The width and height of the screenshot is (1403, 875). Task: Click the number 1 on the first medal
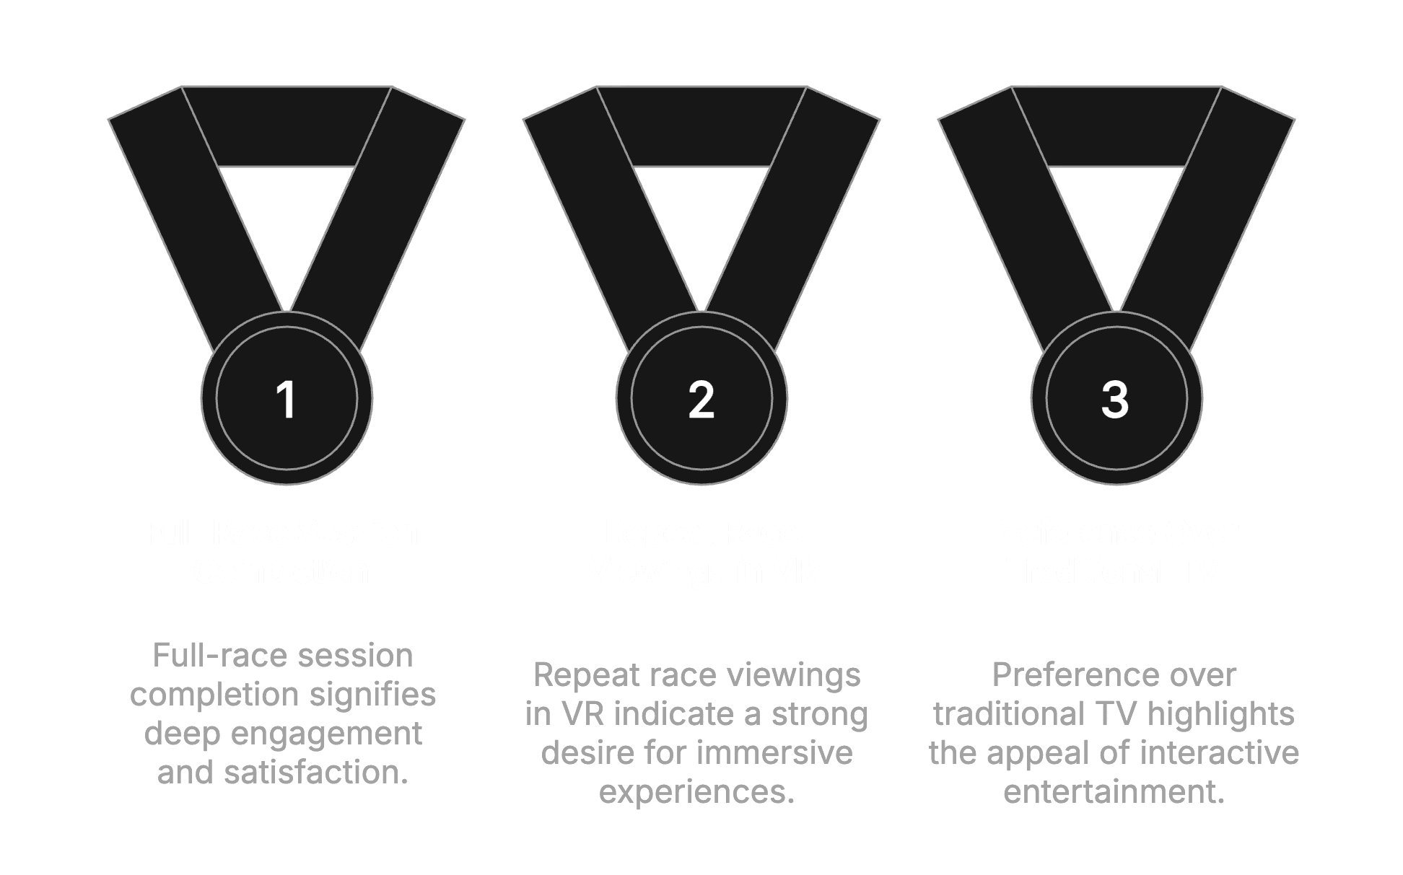pos(287,400)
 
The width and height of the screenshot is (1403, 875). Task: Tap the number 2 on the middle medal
pos(701,400)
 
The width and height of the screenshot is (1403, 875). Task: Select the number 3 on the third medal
pos(1115,400)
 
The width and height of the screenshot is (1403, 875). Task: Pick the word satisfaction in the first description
pos(316,772)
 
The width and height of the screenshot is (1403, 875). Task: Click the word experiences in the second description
pos(696,791)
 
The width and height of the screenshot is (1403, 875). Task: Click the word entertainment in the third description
pos(1114,791)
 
